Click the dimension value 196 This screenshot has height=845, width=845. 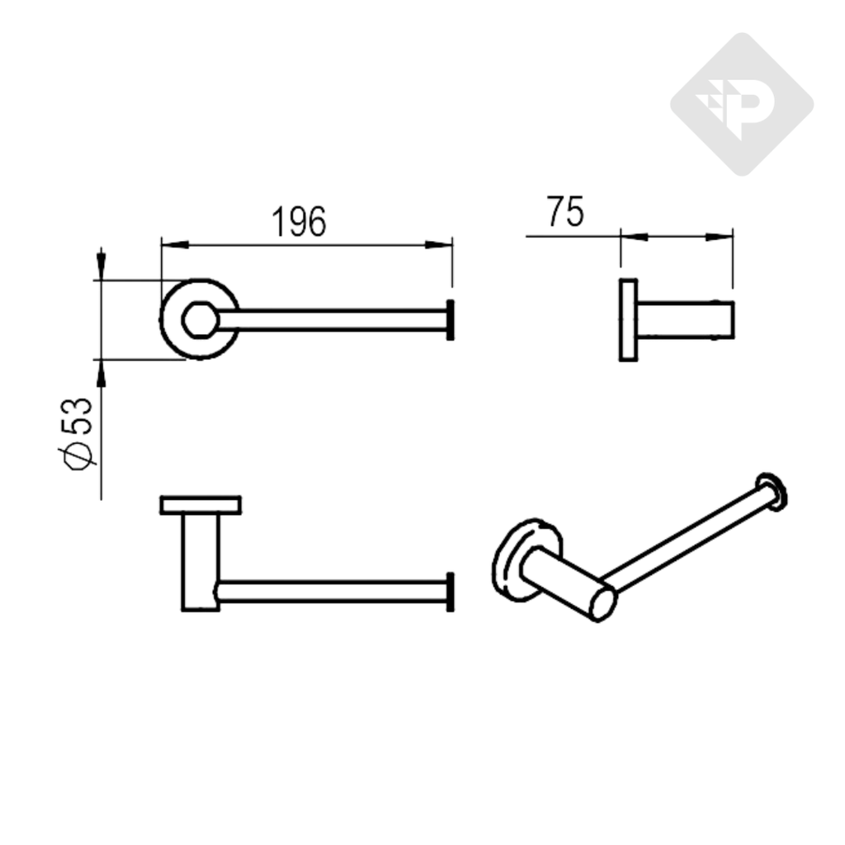pos(299,222)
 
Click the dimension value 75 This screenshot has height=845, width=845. pos(564,213)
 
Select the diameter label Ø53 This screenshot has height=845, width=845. pos(78,432)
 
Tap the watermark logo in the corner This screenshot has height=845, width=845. pos(741,105)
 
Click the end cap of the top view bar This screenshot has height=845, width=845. pos(450,319)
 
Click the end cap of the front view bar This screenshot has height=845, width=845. pos(450,591)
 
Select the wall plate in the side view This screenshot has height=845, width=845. pos(628,320)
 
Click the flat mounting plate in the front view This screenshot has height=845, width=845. pos(201,504)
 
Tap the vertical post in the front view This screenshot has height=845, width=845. pos(200,561)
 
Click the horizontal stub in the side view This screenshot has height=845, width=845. pos(685,320)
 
